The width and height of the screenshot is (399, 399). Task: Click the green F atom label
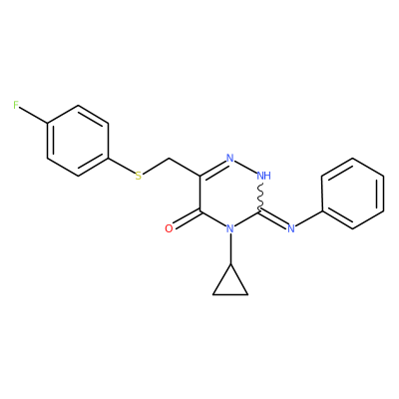[x=16, y=106]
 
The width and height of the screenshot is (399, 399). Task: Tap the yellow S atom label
[x=138, y=176]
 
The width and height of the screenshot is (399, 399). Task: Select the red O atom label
[x=169, y=228]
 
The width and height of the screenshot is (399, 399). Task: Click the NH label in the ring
[x=264, y=176]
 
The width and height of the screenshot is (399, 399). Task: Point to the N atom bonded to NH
[x=230, y=158]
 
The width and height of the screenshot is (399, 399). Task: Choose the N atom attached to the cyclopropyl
[x=230, y=228]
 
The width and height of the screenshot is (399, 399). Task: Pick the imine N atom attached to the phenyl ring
[x=291, y=228]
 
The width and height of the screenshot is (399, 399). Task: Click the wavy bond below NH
[x=260, y=197]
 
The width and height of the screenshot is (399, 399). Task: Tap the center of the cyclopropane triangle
[x=230, y=284]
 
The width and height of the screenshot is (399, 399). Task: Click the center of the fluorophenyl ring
[x=78, y=141]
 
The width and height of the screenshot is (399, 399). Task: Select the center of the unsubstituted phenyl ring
[x=353, y=194]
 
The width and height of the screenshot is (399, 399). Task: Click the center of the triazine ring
[x=230, y=194]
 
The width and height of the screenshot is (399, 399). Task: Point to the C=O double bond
[x=187, y=218]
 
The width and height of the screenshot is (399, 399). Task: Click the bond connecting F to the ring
[x=33, y=116]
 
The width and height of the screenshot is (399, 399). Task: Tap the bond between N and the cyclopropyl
[x=230, y=249]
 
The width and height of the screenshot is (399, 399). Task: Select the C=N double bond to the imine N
[x=273, y=218]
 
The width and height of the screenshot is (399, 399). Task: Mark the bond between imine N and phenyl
[x=309, y=218]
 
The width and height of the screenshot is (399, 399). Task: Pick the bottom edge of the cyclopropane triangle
[x=230, y=294]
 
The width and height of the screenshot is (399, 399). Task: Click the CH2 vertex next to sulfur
[x=169, y=158]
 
